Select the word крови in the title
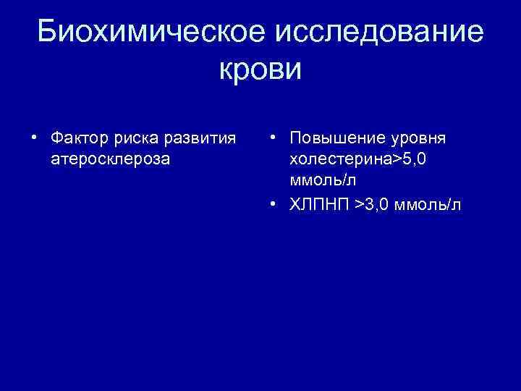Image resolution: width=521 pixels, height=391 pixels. click(260, 70)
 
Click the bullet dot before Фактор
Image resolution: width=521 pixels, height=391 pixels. click(33, 138)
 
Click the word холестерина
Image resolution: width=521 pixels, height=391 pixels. click(339, 159)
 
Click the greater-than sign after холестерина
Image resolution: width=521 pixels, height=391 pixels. click(395, 159)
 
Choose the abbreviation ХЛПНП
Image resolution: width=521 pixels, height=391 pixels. click(319, 205)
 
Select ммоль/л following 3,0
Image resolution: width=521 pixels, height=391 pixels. click(433, 205)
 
